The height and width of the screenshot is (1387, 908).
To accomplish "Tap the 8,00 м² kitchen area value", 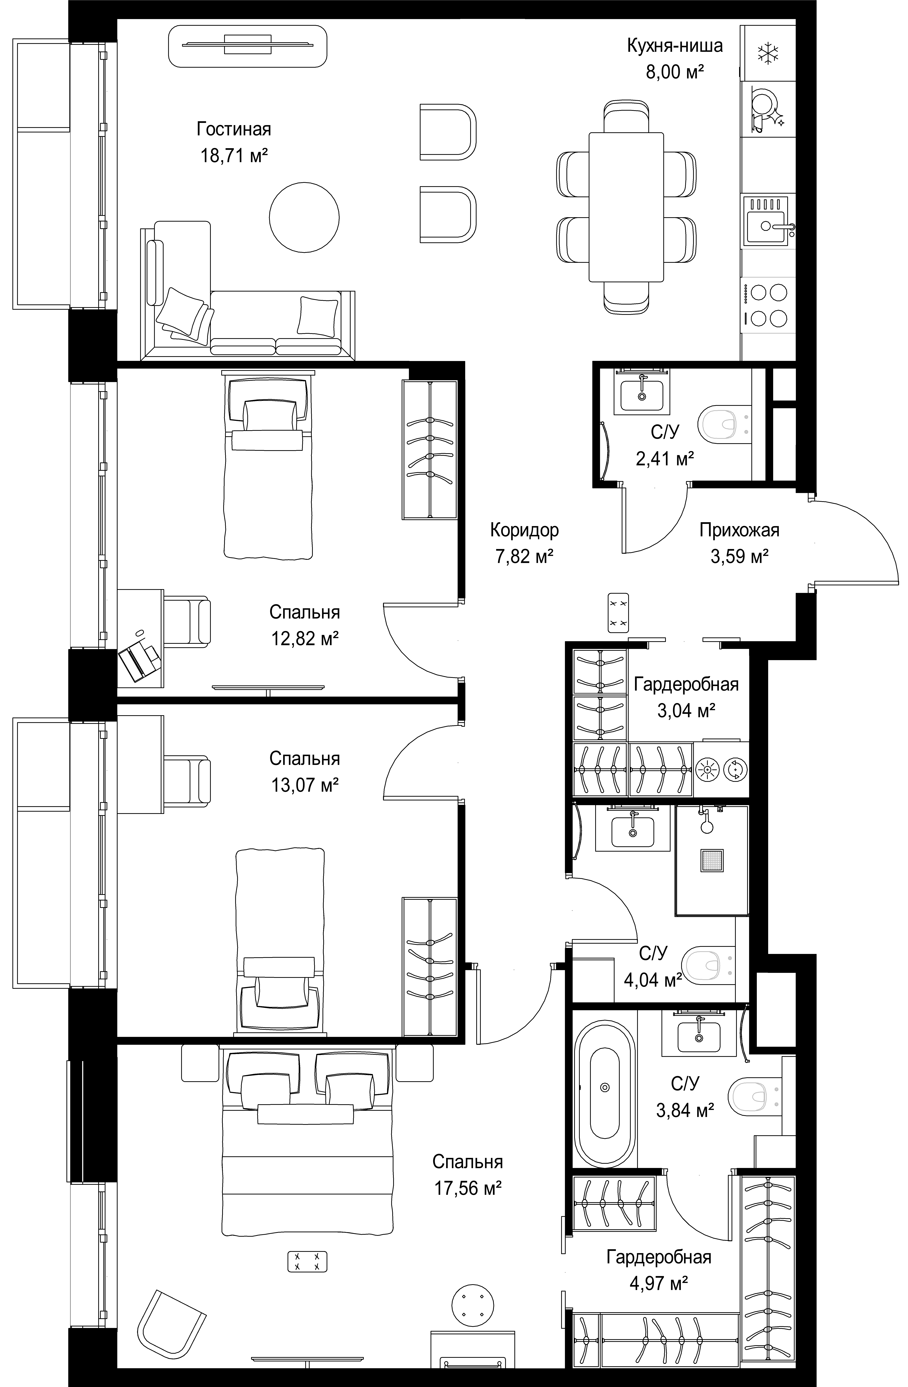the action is click(675, 72).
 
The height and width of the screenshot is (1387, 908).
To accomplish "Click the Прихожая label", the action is click(739, 530).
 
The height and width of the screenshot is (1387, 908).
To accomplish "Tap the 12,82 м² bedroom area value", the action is click(305, 639).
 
